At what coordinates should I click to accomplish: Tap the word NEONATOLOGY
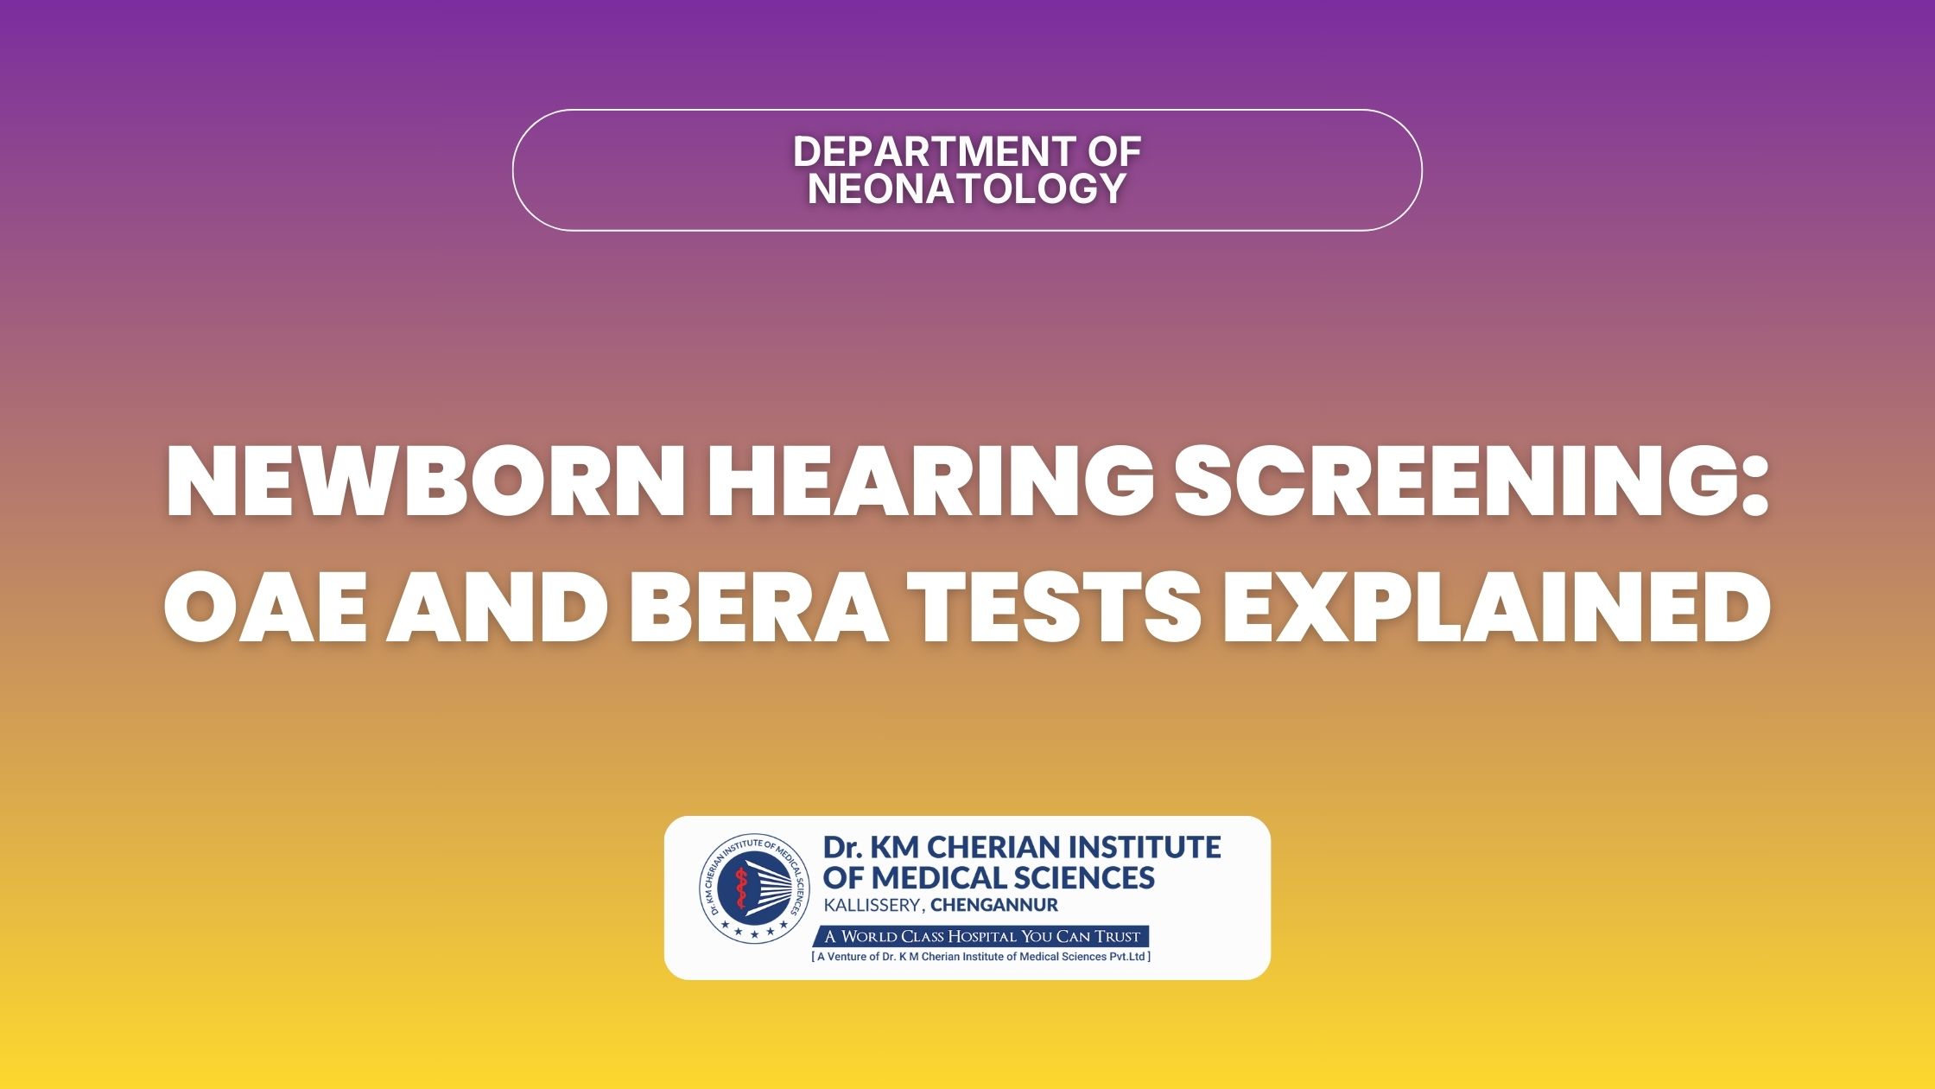point(967,188)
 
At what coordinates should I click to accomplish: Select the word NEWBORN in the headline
point(426,482)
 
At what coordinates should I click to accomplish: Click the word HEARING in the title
point(930,482)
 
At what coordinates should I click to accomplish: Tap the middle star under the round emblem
point(754,934)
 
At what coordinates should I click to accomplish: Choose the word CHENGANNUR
point(994,906)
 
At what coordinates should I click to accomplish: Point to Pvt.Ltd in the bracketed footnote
point(1127,957)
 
